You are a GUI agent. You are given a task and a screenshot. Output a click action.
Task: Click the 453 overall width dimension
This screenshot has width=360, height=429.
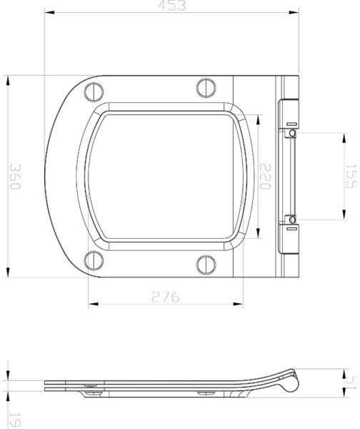click(x=171, y=6)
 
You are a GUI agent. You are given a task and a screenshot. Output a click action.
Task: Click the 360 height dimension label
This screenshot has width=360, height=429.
click(x=15, y=177)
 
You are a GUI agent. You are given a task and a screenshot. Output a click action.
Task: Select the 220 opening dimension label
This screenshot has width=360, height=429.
click(x=265, y=177)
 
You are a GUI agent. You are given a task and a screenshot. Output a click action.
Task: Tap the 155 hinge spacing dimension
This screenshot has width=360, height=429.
click(x=351, y=176)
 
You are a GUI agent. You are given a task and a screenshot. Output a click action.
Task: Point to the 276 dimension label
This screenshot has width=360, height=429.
click(x=166, y=297)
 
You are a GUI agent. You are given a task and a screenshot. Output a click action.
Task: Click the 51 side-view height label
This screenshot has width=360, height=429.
click(x=351, y=383)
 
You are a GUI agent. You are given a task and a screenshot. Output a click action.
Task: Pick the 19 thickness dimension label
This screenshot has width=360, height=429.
click(x=15, y=421)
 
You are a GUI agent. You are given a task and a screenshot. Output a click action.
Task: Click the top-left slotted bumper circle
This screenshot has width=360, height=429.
click(x=94, y=92)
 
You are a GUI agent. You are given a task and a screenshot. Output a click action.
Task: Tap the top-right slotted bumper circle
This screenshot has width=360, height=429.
click(x=206, y=88)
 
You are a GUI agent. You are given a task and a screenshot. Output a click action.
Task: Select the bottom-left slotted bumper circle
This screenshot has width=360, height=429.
click(x=94, y=261)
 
